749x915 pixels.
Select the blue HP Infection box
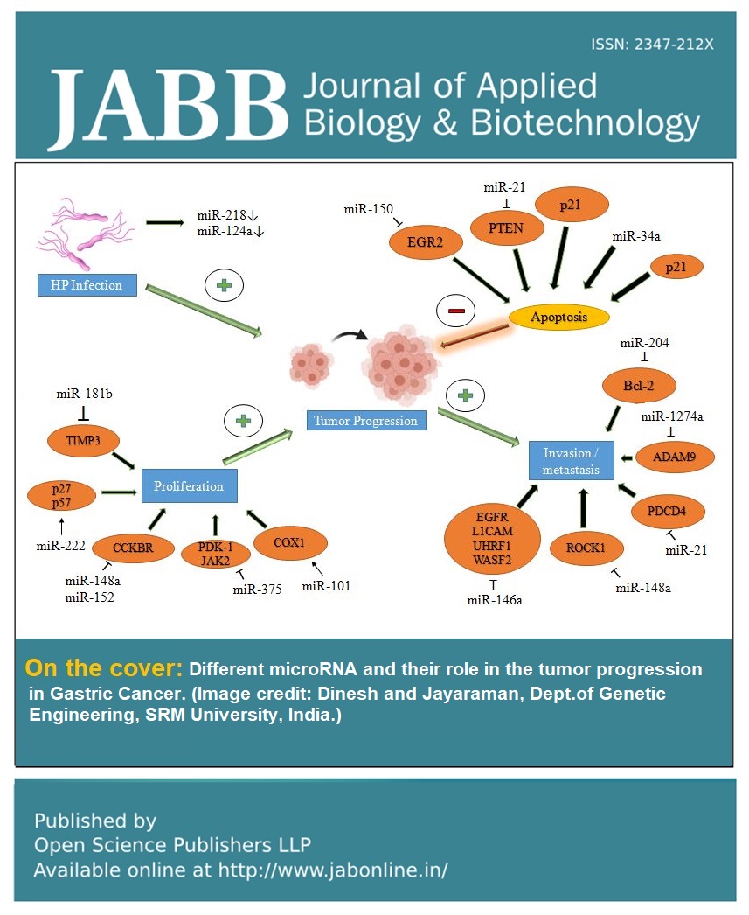87,284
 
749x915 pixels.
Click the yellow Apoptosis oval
558,317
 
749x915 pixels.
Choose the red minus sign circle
457,311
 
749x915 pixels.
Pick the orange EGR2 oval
424,244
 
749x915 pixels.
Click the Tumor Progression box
366,420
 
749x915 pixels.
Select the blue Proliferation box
189,485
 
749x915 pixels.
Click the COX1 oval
290,543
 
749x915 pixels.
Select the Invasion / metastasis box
572,461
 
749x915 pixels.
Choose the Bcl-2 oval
639,385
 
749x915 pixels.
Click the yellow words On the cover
103,669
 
